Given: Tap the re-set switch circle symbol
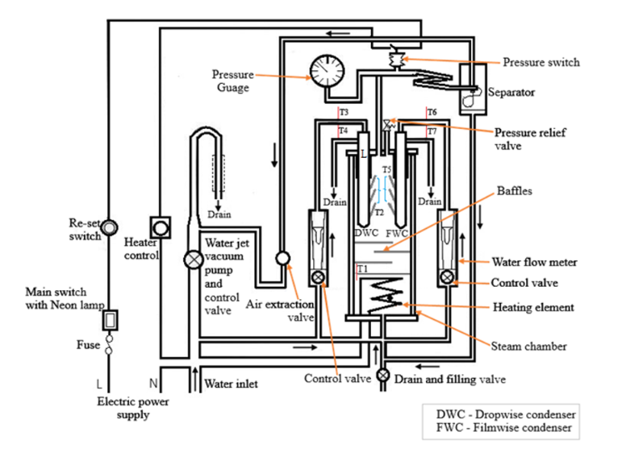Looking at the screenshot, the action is click(x=109, y=228).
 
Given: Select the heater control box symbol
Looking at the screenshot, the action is click(x=161, y=227).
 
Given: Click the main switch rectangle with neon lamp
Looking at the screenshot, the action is click(x=111, y=320).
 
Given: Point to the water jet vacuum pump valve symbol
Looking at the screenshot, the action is click(x=194, y=260).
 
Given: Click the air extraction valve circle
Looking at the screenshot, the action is click(x=282, y=259).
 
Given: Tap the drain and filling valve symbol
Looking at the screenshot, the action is click(x=382, y=375).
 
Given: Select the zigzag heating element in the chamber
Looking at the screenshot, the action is click(x=385, y=295).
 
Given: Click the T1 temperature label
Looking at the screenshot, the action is click(x=362, y=269).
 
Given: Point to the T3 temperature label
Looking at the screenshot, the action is click(x=344, y=112).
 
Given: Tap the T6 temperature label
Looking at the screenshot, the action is click(x=432, y=112).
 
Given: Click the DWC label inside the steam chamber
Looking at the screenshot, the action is click(x=366, y=233).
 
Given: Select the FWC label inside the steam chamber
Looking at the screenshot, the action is click(x=397, y=234).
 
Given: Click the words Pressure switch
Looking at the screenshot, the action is click(x=541, y=62).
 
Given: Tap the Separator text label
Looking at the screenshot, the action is click(x=511, y=93).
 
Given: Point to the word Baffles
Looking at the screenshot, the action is click(x=515, y=191).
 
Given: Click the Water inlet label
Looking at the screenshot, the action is click(x=231, y=384).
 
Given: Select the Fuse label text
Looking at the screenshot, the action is click(x=88, y=345).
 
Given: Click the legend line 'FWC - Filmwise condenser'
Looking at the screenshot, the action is click(x=503, y=428).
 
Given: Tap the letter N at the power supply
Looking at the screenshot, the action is click(x=153, y=384).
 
